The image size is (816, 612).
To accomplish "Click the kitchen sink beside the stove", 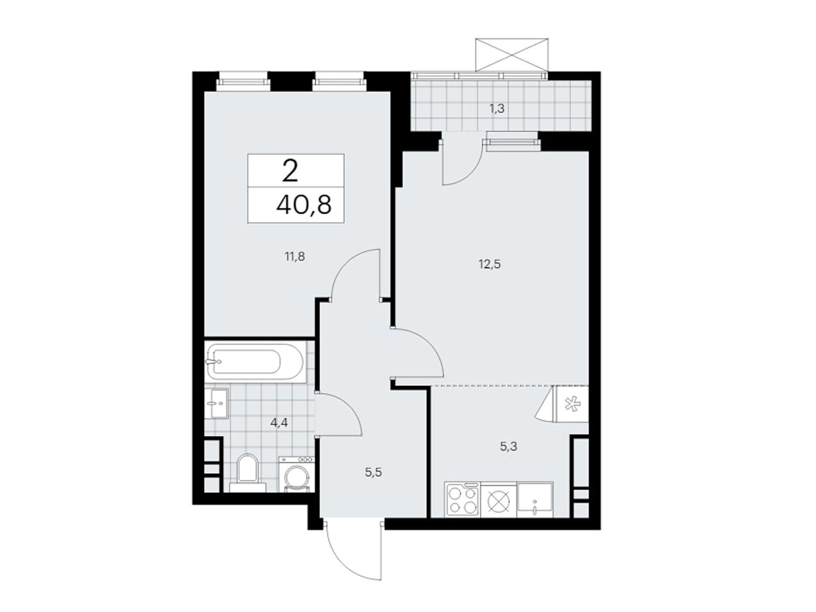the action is coord(534,499).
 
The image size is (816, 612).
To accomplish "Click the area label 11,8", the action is coord(295,257).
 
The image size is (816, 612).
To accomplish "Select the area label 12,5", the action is coord(490,265).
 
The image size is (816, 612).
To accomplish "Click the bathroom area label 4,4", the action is coord(279,423).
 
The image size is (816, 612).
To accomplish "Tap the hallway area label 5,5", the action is coord(373,473).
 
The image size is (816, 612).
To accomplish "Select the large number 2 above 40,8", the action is coord(290,171).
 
